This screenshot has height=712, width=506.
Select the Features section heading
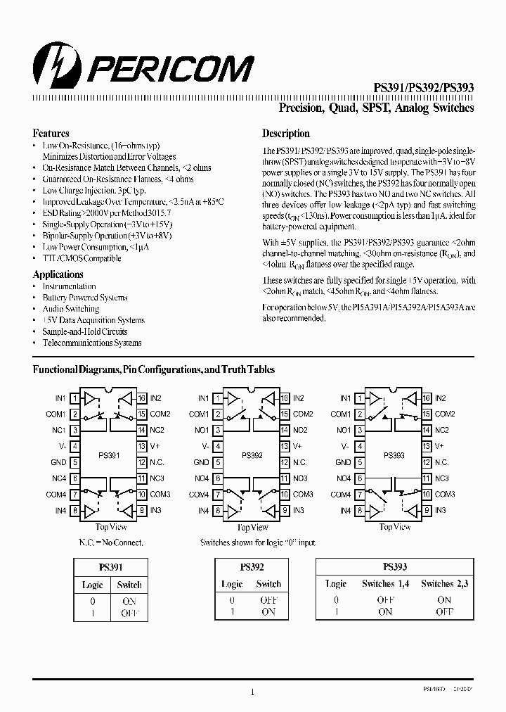click(x=51, y=133)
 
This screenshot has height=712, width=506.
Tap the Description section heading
click(x=286, y=133)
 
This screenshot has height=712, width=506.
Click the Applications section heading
click(x=58, y=274)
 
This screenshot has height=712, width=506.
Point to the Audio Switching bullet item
click(x=70, y=309)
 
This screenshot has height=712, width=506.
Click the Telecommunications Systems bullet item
click(x=91, y=343)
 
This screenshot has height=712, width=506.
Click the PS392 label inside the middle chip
click(x=251, y=455)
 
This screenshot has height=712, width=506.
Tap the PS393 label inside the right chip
click(x=394, y=455)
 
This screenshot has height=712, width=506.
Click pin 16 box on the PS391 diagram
click(x=142, y=398)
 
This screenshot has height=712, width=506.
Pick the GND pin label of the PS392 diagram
click(x=201, y=462)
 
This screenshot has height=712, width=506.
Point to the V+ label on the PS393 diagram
click(x=440, y=446)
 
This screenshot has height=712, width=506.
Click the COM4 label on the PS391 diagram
click(x=56, y=495)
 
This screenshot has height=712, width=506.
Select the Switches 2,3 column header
click(x=444, y=583)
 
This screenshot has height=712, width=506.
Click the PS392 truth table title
click(x=252, y=566)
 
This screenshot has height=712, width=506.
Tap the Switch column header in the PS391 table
click(x=129, y=585)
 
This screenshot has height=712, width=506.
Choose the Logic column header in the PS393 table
click(x=336, y=583)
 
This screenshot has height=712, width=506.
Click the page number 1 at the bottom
click(x=252, y=692)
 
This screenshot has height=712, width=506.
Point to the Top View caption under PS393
click(x=394, y=527)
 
